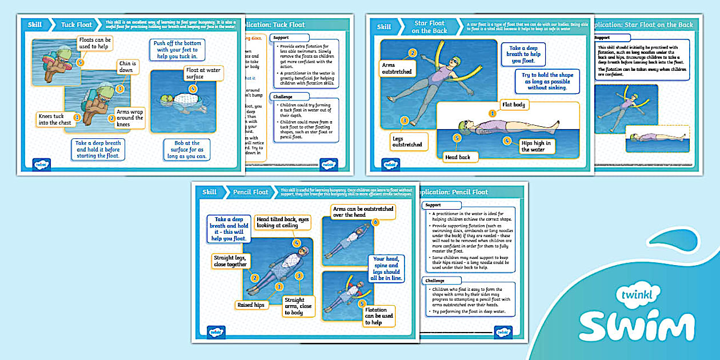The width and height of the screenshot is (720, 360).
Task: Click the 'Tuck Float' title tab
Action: pos(75,26)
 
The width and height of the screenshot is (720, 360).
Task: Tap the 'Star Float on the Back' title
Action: pos(429,27)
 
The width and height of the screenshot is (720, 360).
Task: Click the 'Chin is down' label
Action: pos(126,67)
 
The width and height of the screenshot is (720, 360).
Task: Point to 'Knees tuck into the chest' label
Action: pos(54,119)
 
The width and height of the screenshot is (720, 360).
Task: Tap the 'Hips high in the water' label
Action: pos(536,146)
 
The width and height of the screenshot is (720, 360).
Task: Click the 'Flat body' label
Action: pos(514,105)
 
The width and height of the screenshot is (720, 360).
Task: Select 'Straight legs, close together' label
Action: pos(230,261)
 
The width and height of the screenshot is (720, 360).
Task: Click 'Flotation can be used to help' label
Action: pos(379,315)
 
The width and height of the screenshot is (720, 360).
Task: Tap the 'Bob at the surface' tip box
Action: pos(186,150)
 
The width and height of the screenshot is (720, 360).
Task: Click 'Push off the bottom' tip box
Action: pos(177,50)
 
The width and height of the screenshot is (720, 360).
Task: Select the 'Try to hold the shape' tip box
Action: pos(547,81)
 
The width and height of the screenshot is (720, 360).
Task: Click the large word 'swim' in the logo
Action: pos(637,326)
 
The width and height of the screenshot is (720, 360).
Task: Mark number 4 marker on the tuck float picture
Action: pos(193,89)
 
